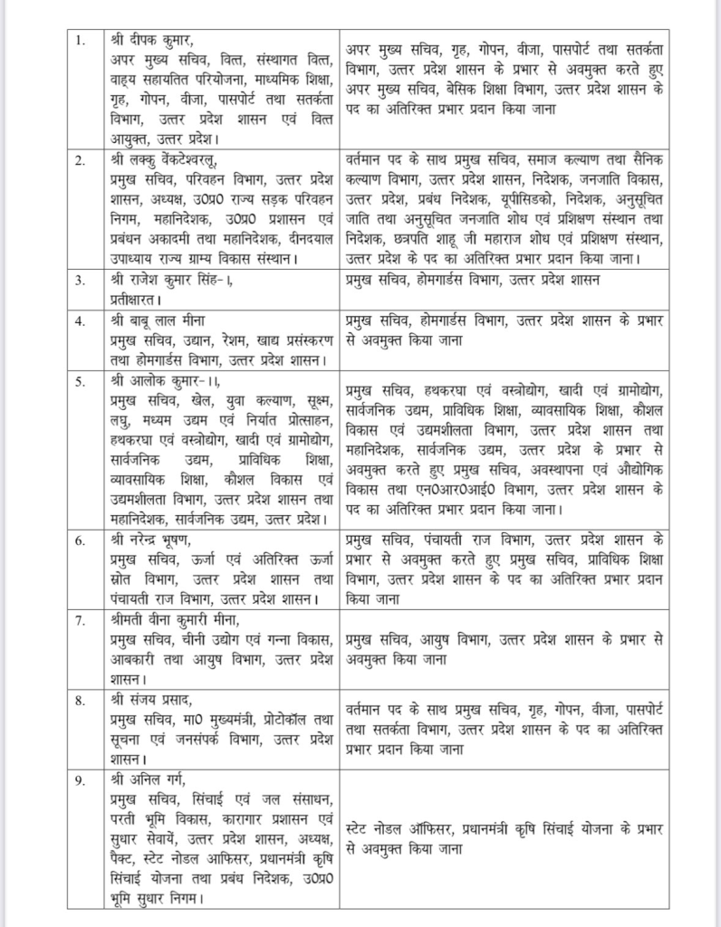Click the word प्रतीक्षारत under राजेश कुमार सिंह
pyautogui.click(x=130, y=300)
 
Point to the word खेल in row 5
pyautogui.click(x=183, y=401)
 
